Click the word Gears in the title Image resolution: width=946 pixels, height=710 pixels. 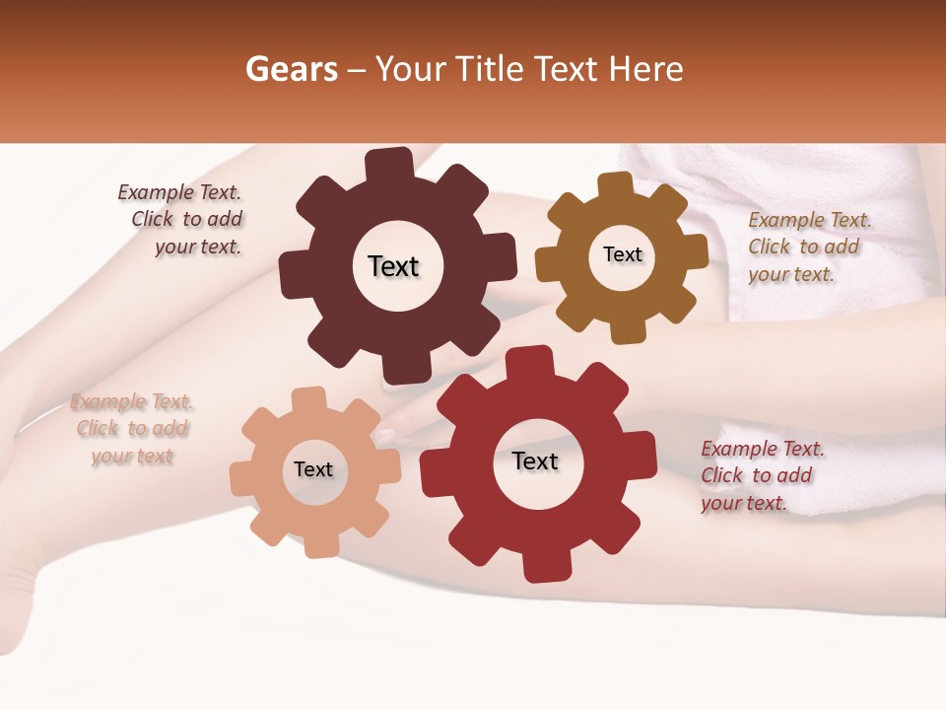pyautogui.click(x=292, y=70)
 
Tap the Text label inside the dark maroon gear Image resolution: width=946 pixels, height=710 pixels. pyautogui.click(x=393, y=266)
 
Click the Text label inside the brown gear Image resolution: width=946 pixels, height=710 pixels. pyautogui.click(x=622, y=254)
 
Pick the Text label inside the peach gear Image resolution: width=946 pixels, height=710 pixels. pyautogui.click(x=313, y=469)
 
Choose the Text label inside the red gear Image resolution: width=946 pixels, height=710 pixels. pyautogui.click(x=535, y=461)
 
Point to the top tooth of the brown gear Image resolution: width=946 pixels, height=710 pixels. pyautogui.click(x=616, y=184)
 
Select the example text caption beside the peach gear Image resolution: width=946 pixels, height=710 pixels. pyautogui.click(x=131, y=429)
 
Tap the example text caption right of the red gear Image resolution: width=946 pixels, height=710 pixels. pyautogui.click(x=762, y=475)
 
